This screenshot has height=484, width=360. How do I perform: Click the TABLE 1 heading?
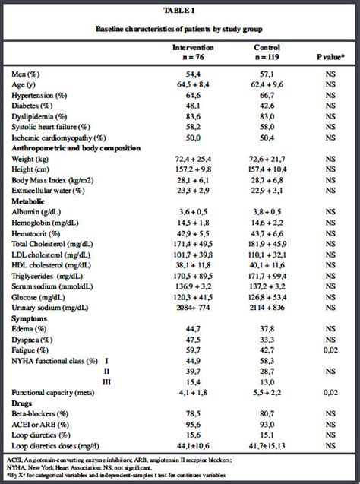(x=180, y=11)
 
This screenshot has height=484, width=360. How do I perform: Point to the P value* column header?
(x=330, y=56)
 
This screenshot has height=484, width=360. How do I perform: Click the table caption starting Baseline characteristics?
(x=180, y=28)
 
